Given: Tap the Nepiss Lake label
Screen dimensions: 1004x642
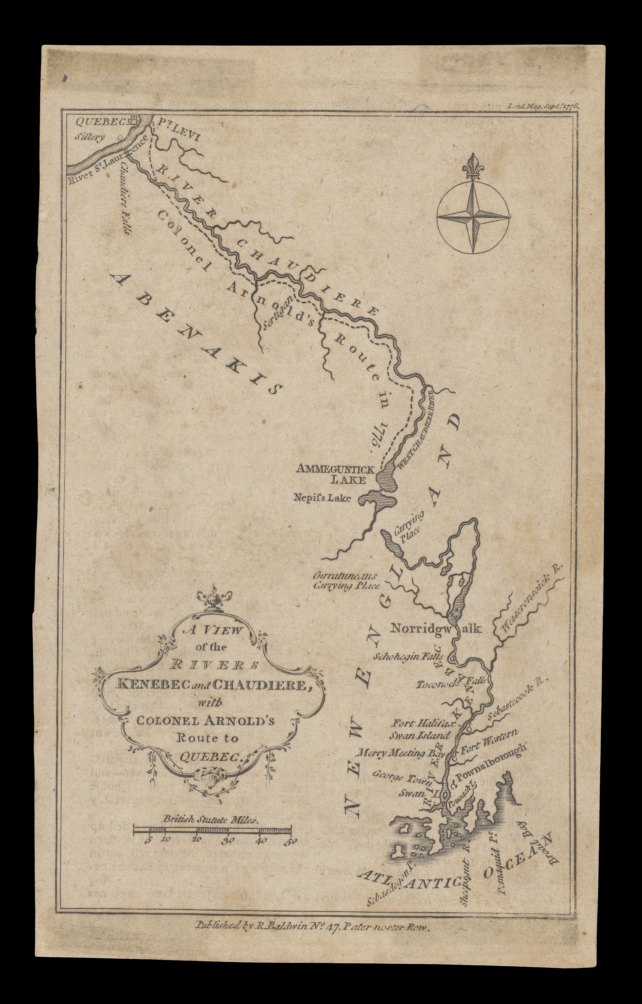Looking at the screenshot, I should [x=322, y=497].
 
